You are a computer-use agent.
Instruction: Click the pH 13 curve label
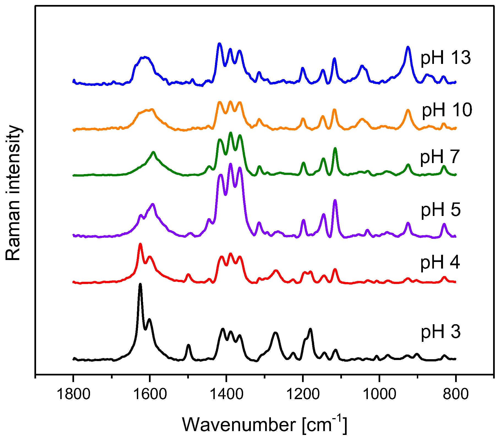[x=445, y=58]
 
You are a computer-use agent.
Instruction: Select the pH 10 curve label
[x=447, y=110]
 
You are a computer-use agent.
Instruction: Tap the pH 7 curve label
[x=440, y=157]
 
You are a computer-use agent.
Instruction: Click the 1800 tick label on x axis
[x=73, y=394]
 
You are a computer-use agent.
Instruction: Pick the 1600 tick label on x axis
[x=150, y=394]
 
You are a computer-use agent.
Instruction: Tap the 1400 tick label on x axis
[x=226, y=394]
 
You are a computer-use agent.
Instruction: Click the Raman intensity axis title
[x=13, y=193]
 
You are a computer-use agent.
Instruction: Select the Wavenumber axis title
[x=264, y=425]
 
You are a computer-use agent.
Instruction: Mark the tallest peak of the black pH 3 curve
[x=140, y=284]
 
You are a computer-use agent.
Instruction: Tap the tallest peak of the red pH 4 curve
[x=140, y=244]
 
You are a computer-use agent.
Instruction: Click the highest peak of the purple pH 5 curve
[x=230, y=164]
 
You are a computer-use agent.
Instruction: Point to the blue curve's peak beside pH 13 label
[x=408, y=47]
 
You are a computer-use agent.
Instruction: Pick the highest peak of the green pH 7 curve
[x=231, y=133]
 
